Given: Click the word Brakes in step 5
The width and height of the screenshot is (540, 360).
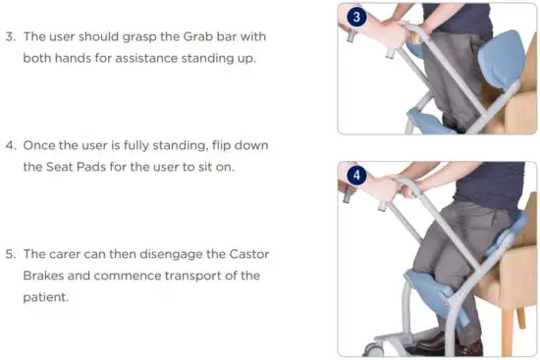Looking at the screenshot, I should tap(44, 275).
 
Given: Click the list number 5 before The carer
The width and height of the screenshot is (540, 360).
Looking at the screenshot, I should tap(9, 254).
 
